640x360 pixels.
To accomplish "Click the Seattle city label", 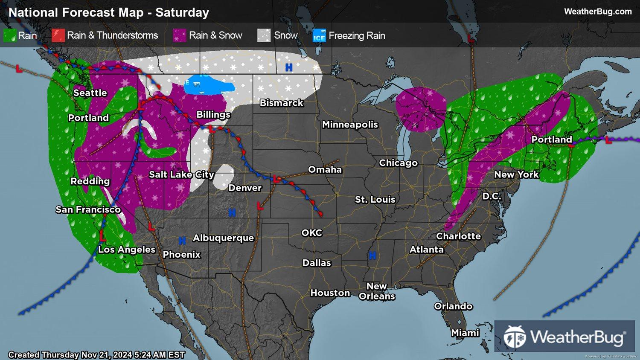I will tap(90, 93).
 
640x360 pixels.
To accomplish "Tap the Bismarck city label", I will tap(282, 103).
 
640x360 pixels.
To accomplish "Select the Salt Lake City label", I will tap(181, 174).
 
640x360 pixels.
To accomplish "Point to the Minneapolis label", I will tap(350, 125).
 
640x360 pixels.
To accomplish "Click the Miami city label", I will tap(465, 333).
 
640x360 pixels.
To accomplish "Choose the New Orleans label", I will tap(377, 291).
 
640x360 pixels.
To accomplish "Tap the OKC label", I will tap(312, 233).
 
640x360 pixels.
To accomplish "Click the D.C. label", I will tap(492, 196).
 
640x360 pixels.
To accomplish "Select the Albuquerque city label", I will tap(223, 238).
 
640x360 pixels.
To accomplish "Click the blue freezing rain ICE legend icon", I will tap(319, 36).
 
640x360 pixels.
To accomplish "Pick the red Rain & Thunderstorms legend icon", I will tap(58, 35).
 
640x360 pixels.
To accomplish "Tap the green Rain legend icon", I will tap(9, 35).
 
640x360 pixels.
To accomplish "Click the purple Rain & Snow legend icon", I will tap(180, 35).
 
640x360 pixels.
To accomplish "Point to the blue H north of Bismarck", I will tap(289, 67).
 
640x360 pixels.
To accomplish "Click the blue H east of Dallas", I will tap(372, 255).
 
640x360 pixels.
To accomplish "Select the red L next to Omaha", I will tap(276, 179).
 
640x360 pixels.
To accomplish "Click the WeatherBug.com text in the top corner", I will tap(598, 12).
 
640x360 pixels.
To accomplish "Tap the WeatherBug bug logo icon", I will tap(515, 337).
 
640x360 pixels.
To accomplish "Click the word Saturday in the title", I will tap(182, 12).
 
